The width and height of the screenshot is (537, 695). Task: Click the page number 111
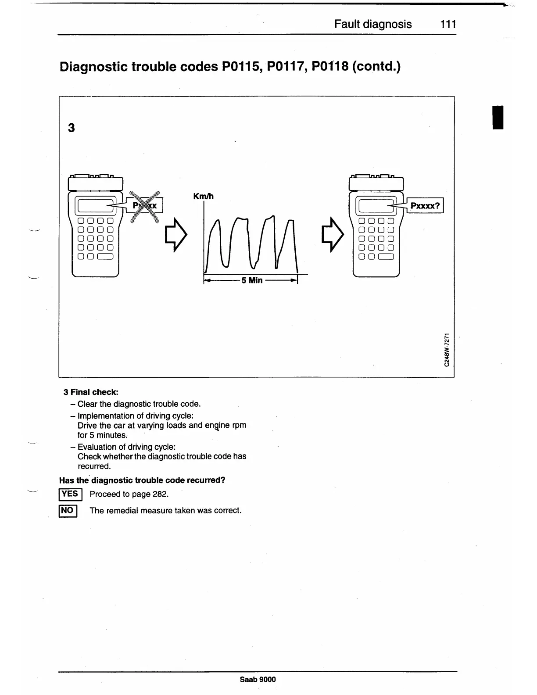point(448,24)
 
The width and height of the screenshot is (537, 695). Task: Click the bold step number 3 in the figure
point(72,128)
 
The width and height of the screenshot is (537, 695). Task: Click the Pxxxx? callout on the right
point(425,205)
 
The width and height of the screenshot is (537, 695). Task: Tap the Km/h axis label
point(203,197)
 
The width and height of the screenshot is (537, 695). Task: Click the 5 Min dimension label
point(251,280)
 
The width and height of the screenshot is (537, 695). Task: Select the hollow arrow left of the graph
point(175,235)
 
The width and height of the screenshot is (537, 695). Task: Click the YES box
point(70,494)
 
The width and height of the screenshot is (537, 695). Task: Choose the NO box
point(68,511)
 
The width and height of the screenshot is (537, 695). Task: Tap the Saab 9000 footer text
point(258,680)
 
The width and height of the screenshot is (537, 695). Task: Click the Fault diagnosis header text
point(373,24)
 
